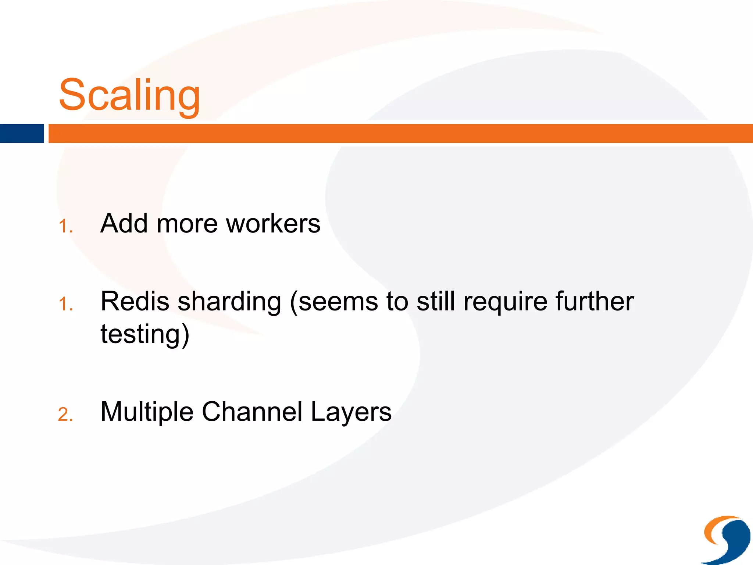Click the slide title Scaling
coord(129,95)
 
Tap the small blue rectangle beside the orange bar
coord(22,134)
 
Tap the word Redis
coord(135,301)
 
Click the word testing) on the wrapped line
coord(145,334)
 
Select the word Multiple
coord(147,412)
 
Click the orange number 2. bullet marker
coord(65,415)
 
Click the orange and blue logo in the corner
coord(726,539)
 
